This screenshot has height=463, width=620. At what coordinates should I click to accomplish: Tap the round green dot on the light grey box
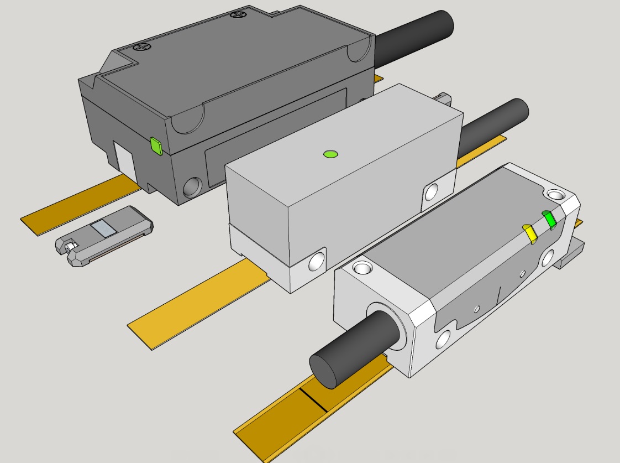point(330,154)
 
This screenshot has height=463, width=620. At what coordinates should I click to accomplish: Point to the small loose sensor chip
point(105,235)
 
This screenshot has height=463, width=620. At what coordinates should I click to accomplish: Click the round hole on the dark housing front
point(192,187)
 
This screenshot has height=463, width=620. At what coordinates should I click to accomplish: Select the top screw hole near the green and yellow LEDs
point(555,195)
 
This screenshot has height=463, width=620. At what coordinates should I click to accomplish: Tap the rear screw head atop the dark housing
point(238,15)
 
